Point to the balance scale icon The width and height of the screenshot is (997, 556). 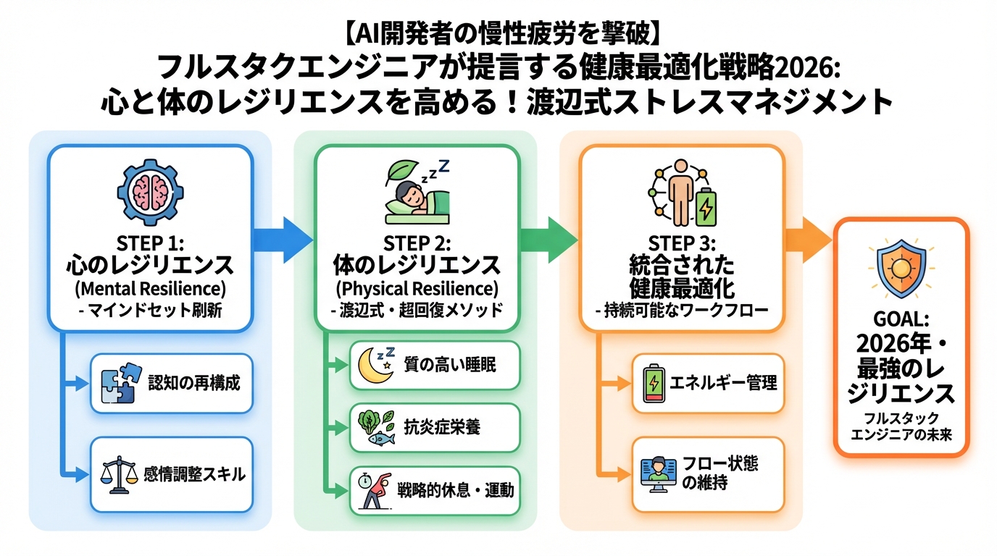pos(119,476)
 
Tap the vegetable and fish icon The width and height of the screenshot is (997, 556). pos(377,427)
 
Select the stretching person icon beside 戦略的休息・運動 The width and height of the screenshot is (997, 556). pos(377,490)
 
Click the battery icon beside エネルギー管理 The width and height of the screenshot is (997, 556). pos(652,383)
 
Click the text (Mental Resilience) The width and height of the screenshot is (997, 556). pos(150,289)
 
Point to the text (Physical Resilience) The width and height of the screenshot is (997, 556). pos(417,289)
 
